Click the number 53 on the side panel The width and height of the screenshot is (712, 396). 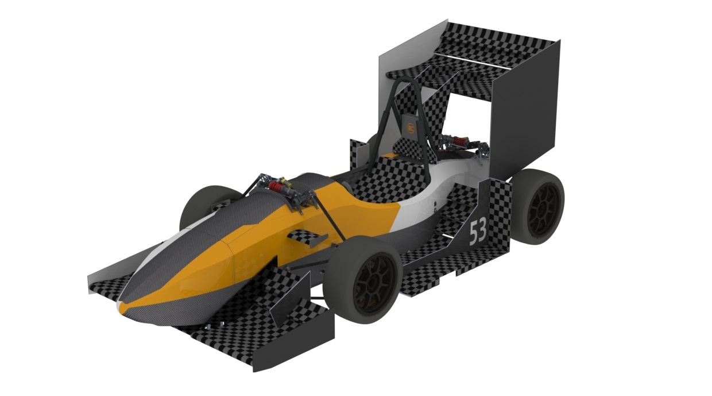point(478,232)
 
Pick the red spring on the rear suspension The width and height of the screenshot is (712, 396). point(458,141)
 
